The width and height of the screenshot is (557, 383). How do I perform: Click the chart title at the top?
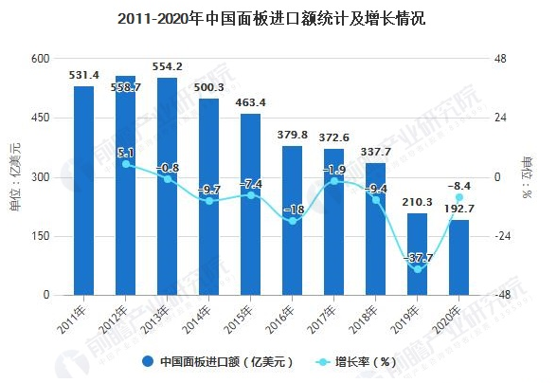[x=278, y=18]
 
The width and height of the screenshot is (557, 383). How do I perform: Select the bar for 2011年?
[x=84, y=190]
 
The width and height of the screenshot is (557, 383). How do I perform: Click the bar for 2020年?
[x=458, y=257]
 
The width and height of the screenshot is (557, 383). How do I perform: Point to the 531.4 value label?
[x=84, y=74]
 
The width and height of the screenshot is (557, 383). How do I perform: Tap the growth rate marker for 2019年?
[x=417, y=270]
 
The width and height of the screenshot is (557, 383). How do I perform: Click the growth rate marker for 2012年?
[x=126, y=164]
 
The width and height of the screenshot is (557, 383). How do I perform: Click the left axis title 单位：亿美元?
[x=13, y=176]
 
